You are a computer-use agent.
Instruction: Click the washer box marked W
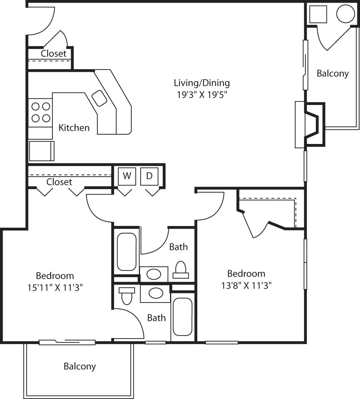click(127, 176)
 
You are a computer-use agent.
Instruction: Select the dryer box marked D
click(149, 176)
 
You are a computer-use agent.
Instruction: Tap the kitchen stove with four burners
click(41, 112)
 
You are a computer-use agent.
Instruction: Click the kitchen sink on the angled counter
click(99, 98)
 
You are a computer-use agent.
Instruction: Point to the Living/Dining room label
click(202, 83)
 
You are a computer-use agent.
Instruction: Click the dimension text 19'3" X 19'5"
click(202, 95)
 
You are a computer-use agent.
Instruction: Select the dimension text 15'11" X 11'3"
click(55, 287)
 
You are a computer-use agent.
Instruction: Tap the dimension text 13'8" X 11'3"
click(246, 285)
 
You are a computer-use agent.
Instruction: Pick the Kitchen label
click(74, 128)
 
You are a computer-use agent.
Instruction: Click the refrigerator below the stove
click(42, 151)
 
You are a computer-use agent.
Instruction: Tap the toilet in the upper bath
click(180, 269)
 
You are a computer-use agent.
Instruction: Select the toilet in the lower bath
click(127, 295)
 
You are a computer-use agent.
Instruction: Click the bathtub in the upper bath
click(127, 252)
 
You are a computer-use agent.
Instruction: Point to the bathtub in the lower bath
click(182, 317)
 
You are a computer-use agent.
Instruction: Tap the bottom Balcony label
click(80, 366)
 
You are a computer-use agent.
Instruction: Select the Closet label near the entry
click(53, 54)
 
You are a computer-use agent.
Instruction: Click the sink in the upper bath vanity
click(153, 274)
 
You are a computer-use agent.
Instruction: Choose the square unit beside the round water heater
click(318, 14)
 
